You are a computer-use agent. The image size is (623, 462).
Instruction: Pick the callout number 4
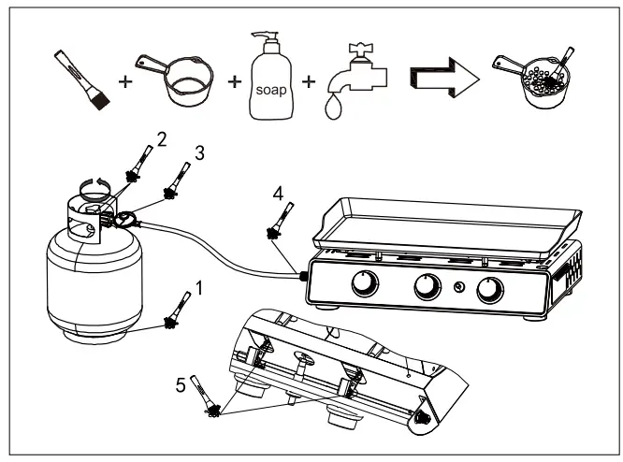(277, 195)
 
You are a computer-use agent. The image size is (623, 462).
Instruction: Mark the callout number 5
(181, 383)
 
